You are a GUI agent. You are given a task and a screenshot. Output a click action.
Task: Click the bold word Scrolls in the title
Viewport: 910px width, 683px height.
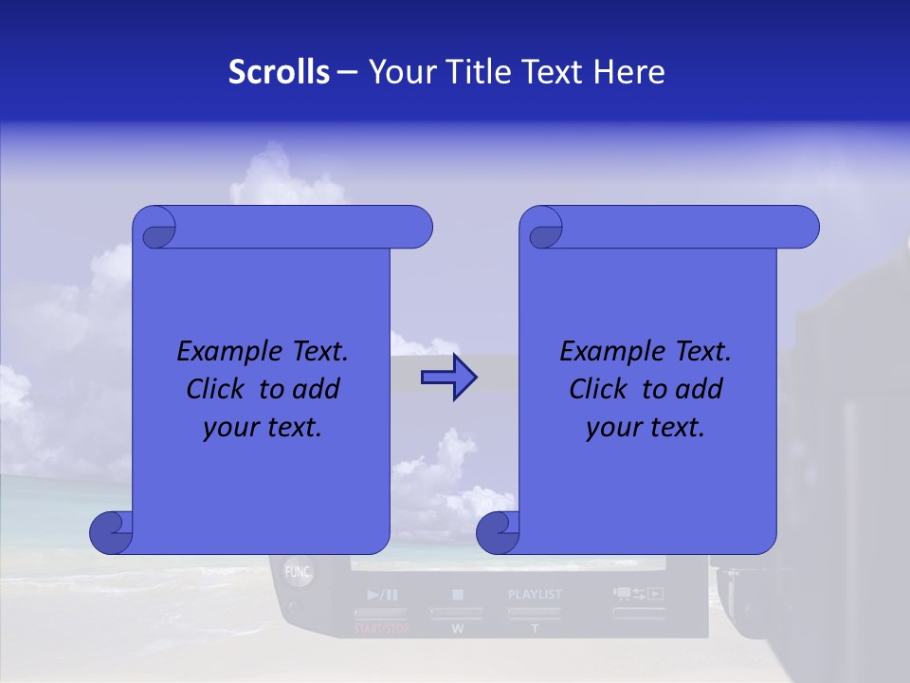[279, 72]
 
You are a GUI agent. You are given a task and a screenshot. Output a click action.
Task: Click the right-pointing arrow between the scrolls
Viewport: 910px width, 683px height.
[448, 378]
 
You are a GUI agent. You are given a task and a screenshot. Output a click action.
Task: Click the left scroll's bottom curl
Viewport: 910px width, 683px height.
[112, 533]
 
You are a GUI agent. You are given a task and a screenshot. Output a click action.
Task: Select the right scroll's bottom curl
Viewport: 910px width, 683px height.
[499, 533]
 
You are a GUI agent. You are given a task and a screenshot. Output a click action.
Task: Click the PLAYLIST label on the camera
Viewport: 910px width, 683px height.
[535, 595]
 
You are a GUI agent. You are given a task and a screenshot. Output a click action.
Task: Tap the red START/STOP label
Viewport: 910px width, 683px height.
[382, 629]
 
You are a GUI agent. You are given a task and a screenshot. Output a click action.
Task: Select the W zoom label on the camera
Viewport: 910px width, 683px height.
[457, 629]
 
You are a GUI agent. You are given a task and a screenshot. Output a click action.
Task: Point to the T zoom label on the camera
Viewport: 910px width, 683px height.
[534, 629]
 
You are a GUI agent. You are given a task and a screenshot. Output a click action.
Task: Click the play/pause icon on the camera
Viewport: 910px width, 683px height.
[382, 596]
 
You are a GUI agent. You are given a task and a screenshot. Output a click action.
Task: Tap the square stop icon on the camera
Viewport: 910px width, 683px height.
[457, 596]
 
